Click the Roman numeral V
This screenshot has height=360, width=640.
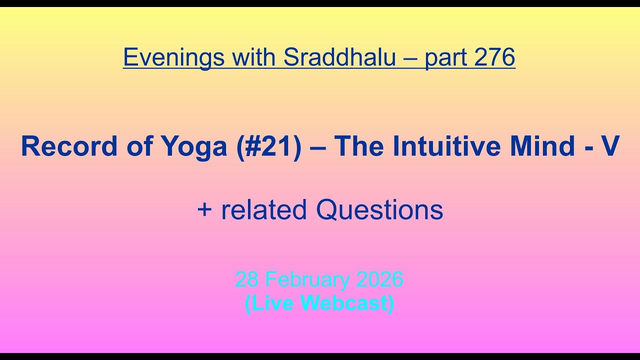pyautogui.click(x=610, y=146)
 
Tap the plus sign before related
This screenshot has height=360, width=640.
pyautogui.click(x=204, y=210)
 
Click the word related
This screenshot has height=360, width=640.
pyautogui.click(x=264, y=210)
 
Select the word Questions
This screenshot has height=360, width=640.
pyautogui.click(x=379, y=210)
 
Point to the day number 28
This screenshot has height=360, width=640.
pyautogui.click(x=247, y=279)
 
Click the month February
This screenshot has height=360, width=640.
pyautogui.click(x=311, y=280)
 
